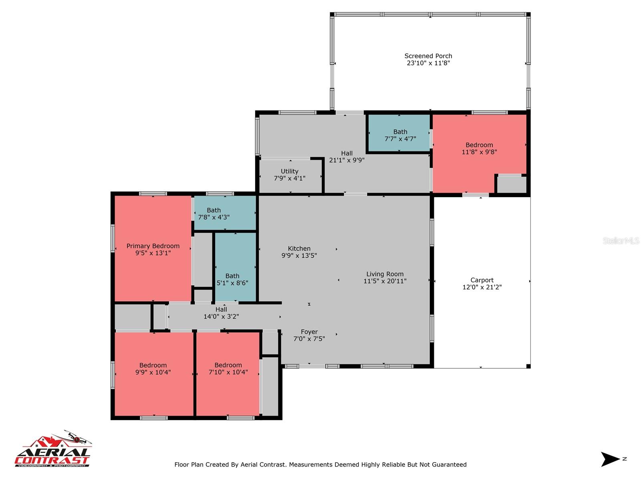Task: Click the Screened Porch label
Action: coord(428,56)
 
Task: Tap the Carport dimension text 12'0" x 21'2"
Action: coord(482,287)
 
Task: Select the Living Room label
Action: coord(385,274)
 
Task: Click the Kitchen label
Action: coord(299,249)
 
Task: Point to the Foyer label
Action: coord(309,332)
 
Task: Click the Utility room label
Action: coord(289,172)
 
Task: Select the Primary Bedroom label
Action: coord(153,246)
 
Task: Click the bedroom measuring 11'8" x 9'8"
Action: coord(479,148)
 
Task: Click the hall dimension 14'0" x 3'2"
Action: coord(221,316)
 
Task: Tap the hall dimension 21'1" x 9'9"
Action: coord(347,160)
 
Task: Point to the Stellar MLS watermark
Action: coord(621,240)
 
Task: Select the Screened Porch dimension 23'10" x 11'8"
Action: coord(428,63)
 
